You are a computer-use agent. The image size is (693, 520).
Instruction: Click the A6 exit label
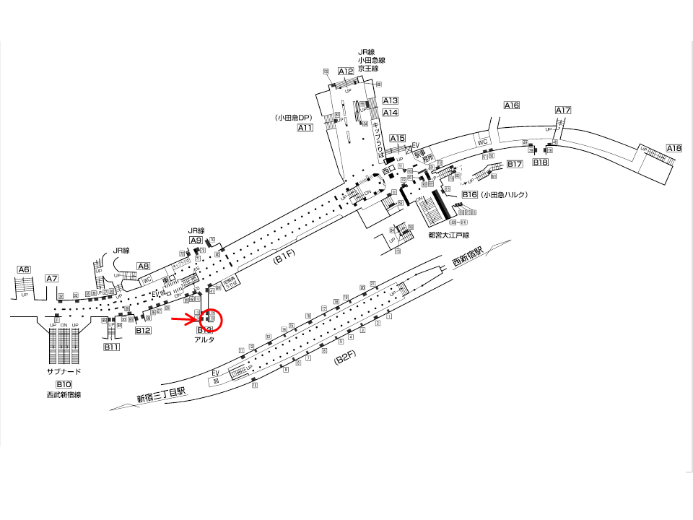(25, 269)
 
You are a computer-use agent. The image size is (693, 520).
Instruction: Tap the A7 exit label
(51, 278)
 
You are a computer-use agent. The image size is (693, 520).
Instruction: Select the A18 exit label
(674, 148)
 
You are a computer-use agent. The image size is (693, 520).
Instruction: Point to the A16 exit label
(512, 105)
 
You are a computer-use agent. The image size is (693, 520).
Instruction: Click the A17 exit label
(563, 110)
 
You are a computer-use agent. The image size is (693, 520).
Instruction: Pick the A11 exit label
(305, 128)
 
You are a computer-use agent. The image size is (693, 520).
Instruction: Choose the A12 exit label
(346, 71)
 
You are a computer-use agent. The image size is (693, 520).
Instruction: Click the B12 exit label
(143, 330)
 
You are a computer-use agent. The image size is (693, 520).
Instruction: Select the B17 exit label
(514, 164)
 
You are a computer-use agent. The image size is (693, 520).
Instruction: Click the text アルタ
(204, 339)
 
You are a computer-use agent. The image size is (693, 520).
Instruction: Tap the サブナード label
(64, 372)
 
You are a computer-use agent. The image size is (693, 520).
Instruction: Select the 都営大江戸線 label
(448, 235)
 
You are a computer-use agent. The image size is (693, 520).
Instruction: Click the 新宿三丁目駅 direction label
(160, 395)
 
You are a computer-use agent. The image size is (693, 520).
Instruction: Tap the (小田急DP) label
(292, 117)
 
